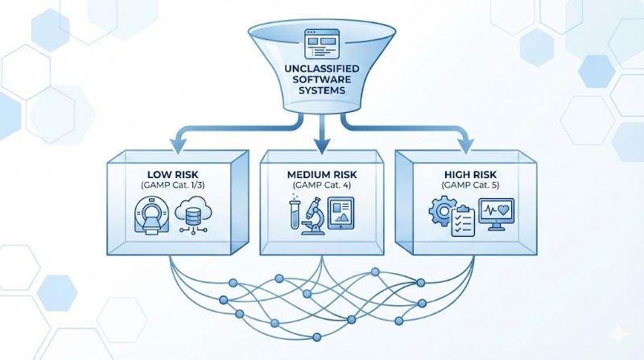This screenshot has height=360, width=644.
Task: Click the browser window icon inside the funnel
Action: [320, 43]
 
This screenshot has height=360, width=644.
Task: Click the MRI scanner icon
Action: [151, 217]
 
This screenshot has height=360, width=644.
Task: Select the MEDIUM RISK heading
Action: [321, 174]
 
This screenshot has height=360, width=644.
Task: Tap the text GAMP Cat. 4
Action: [321, 186]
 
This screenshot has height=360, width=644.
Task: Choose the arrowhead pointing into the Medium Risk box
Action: [321, 147]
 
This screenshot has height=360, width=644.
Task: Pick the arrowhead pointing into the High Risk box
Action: [470, 147]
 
